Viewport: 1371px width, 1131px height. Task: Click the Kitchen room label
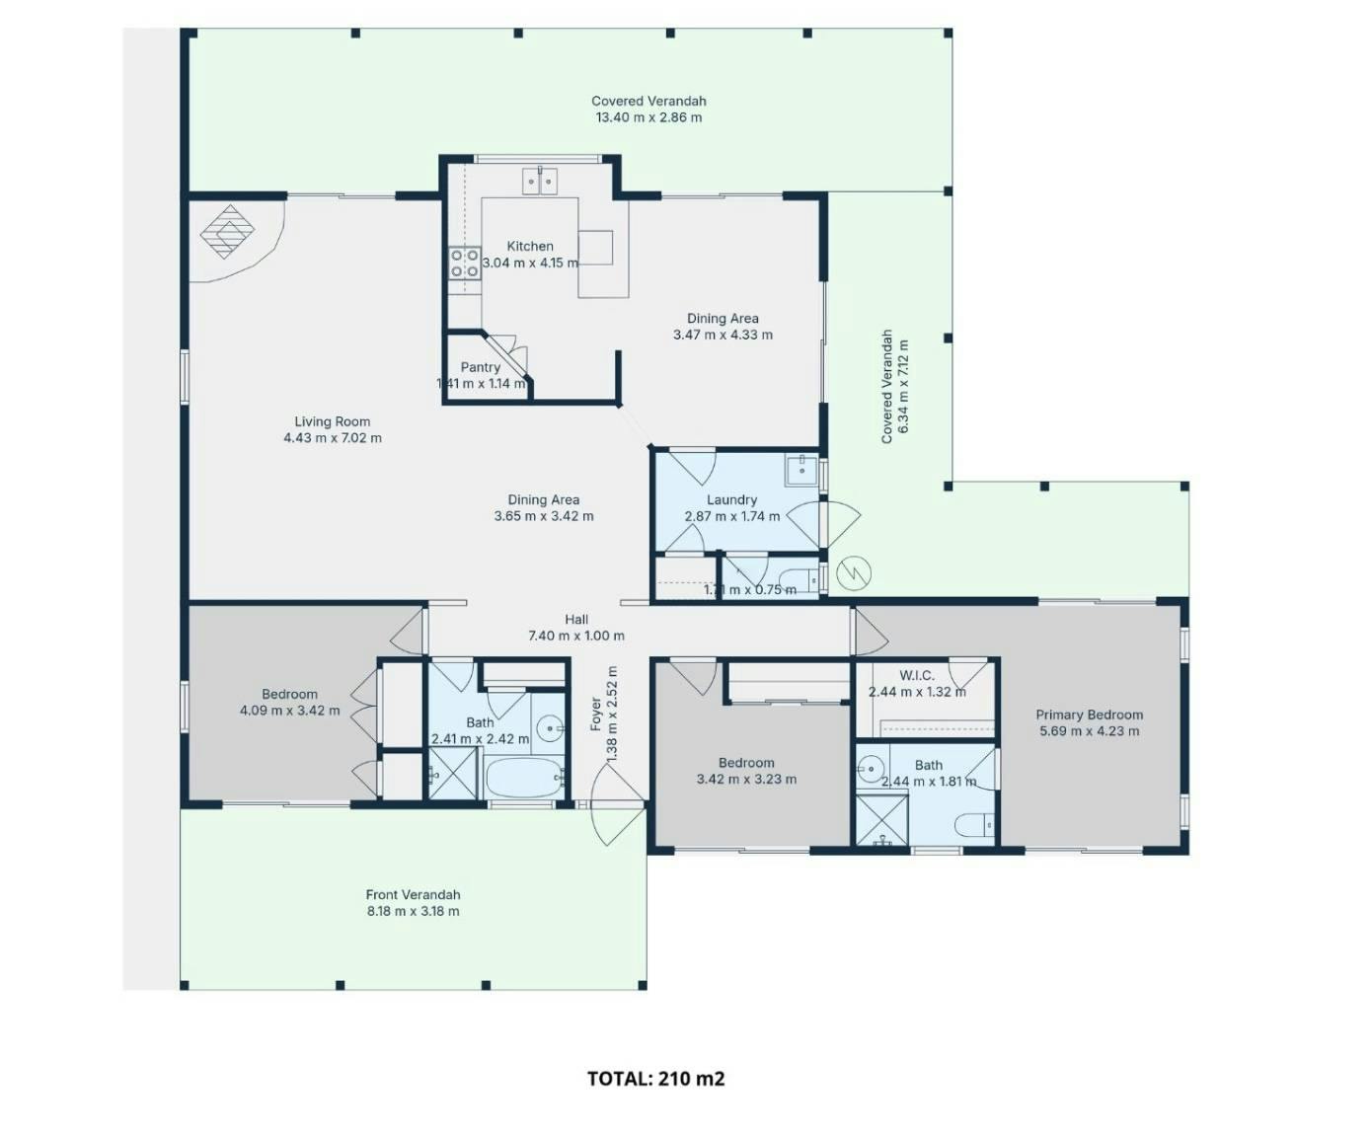click(x=529, y=246)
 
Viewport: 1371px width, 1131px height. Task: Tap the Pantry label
click(x=480, y=367)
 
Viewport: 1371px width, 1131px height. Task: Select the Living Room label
click(x=332, y=421)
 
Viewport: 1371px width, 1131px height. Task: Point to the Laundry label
click(x=731, y=500)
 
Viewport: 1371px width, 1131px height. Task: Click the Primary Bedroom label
click(x=1089, y=715)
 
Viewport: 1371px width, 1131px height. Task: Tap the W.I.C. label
click(x=917, y=675)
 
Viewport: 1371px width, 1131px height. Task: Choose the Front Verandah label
click(x=413, y=895)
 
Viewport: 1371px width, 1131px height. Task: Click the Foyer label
click(x=595, y=715)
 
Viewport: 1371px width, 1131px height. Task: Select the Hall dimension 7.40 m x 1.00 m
click(x=575, y=636)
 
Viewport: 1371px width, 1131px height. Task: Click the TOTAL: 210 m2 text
click(x=656, y=1079)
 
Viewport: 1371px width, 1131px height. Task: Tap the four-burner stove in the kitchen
click(x=464, y=263)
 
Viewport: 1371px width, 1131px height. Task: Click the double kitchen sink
click(x=540, y=182)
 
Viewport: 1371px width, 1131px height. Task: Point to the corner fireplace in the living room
click(x=228, y=232)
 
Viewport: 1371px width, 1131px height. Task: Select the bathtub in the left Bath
click(x=524, y=778)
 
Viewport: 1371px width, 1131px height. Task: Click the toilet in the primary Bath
click(x=974, y=825)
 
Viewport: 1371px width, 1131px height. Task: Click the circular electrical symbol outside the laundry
click(x=854, y=572)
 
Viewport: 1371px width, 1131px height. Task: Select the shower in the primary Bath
click(x=881, y=819)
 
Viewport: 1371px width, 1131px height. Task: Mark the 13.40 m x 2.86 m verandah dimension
click(x=648, y=117)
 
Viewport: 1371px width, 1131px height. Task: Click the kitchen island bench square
click(x=595, y=248)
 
